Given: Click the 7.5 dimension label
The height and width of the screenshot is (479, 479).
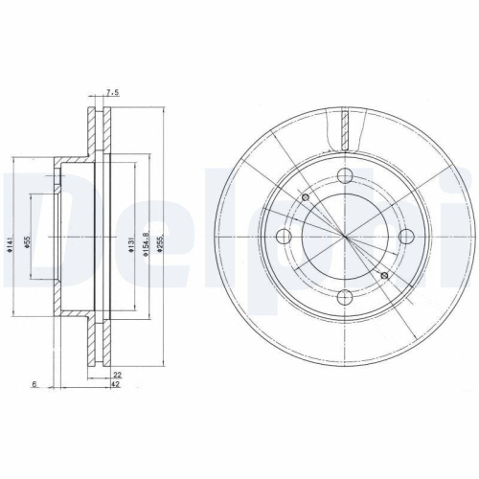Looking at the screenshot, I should (x=112, y=93).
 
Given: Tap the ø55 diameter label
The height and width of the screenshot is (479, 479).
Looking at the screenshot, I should (x=31, y=244).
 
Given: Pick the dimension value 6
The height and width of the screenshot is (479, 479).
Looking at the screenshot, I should (x=34, y=384).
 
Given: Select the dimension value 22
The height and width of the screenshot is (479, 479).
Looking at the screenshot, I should (x=116, y=375).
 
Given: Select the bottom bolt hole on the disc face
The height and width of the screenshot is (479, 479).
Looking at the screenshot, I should (x=343, y=296).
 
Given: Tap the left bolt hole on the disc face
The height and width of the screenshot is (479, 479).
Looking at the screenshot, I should (x=284, y=238).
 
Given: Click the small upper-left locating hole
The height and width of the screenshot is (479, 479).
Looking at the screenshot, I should (x=306, y=197).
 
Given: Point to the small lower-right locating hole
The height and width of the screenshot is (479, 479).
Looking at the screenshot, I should (x=384, y=276).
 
